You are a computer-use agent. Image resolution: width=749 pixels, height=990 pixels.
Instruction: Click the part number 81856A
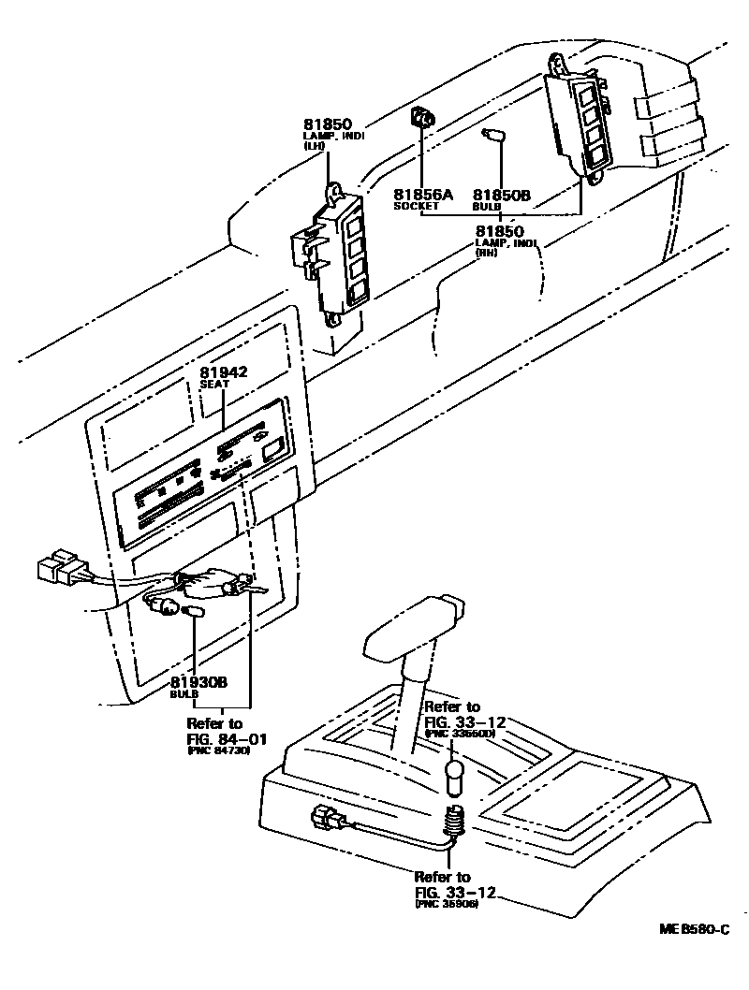(x=422, y=195)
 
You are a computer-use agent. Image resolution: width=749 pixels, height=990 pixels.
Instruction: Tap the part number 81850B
(x=501, y=195)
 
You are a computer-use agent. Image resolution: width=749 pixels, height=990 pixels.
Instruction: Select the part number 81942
(x=223, y=372)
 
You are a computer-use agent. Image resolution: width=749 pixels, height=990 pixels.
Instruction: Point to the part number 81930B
(x=198, y=683)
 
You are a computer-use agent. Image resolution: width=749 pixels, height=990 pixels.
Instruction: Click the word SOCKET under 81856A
(x=416, y=206)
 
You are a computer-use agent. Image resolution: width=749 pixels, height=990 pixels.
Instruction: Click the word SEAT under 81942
(x=214, y=384)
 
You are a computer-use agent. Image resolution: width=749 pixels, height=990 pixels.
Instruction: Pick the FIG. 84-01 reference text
(x=227, y=738)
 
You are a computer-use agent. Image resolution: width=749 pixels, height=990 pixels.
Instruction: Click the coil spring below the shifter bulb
(x=453, y=821)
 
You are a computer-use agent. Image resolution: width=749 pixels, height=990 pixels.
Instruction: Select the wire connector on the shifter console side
(x=324, y=818)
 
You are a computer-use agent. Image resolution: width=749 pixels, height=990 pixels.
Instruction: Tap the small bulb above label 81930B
(x=193, y=610)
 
